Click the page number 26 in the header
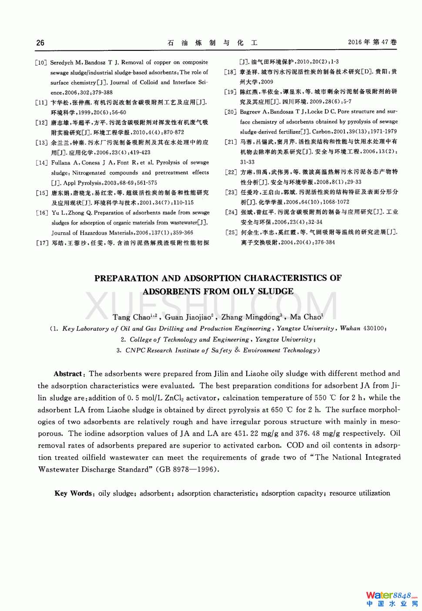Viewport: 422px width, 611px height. pos(40,43)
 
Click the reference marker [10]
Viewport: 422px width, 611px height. pos(41,63)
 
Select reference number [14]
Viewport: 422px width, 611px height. pos(42,163)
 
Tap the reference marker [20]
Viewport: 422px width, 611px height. pos(231,112)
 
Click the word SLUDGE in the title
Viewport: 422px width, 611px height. pos(275,291)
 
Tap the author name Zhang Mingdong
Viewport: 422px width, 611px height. pos(250,317)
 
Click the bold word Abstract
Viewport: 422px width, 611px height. pos(68,374)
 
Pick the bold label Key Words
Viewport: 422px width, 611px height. pos(73,493)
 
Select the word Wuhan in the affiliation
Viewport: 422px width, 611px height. pos(350,329)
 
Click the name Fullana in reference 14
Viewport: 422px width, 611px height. pos(60,163)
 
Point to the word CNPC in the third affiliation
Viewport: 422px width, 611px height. pos(135,351)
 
